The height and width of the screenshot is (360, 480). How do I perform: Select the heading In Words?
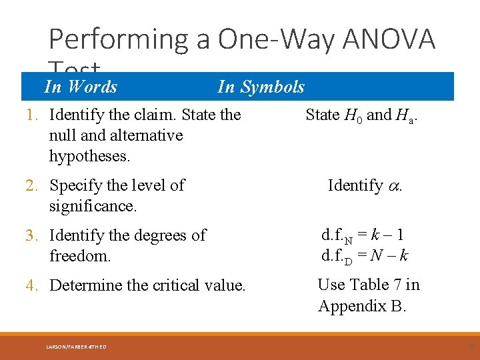click(x=80, y=87)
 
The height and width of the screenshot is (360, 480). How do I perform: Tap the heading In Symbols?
click(x=261, y=87)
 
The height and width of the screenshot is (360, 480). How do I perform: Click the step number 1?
click(x=31, y=115)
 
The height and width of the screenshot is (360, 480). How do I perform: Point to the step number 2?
click(x=31, y=185)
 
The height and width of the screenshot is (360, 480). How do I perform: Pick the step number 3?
click(x=31, y=235)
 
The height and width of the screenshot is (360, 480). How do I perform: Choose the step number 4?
click(x=31, y=285)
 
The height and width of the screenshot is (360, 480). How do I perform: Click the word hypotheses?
click(x=89, y=157)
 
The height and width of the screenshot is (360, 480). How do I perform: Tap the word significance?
click(x=92, y=206)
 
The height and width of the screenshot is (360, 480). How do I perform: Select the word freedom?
click(x=79, y=256)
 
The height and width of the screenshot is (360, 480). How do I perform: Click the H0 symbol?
click(x=353, y=115)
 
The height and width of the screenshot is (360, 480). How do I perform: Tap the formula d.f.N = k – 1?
click(x=362, y=235)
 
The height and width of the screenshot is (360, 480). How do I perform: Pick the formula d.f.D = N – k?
click(x=364, y=256)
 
